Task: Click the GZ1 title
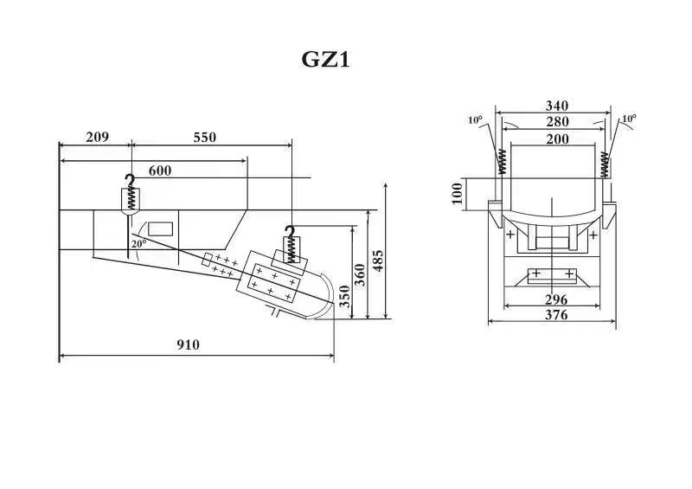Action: [x=325, y=60]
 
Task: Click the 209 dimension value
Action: [x=97, y=137]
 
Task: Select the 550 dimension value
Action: [x=204, y=137]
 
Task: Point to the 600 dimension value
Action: [x=160, y=171]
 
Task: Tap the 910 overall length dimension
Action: [x=188, y=344]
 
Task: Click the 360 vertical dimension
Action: [x=361, y=273]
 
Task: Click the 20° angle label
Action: [x=138, y=244]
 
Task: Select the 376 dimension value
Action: [x=555, y=316]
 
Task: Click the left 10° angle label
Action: [x=475, y=119]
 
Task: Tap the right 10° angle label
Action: [x=629, y=119]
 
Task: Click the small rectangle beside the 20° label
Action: [x=160, y=229]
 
